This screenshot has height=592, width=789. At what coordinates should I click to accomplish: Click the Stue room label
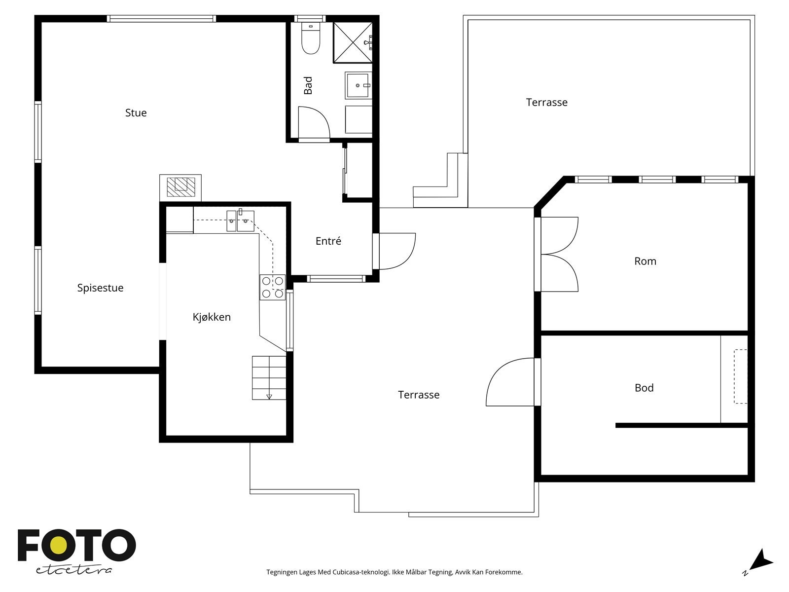(x=136, y=113)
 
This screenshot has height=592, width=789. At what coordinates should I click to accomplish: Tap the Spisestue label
(x=100, y=288)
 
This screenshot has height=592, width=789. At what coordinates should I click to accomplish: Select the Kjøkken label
(x=212, y=317)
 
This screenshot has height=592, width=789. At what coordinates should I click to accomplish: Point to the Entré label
(x=328, y=241)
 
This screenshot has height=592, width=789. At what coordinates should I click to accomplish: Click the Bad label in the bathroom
(x=308, y=85)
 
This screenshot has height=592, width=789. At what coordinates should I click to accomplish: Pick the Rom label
(x=645, y=261)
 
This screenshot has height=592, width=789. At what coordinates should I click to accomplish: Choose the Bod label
(x=644, y=388)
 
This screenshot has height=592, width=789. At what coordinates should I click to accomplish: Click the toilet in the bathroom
(x=311, y=38)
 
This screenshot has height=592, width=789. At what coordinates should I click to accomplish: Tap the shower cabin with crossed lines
(x=352, y=42)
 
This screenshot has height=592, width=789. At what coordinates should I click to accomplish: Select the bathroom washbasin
(x=358, y=85)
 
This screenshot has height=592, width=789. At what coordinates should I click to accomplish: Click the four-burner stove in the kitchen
(x=273, y=287)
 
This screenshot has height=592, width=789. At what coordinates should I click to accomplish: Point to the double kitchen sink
(x=240, y=221)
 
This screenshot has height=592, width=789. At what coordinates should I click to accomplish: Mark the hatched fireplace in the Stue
(x=180, y=187)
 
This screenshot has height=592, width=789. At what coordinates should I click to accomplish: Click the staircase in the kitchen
(x=269, y=378)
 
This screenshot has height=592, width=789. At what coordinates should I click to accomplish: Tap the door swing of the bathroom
(x=314, y=122)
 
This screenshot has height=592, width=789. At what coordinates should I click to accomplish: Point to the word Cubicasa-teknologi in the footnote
(x=361, y=572)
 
